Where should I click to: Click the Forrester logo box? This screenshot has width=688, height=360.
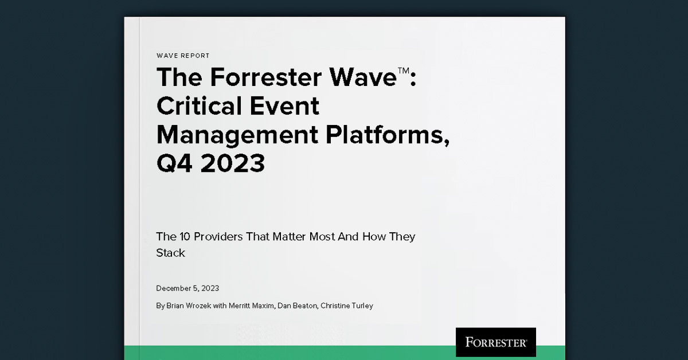coord(495,342)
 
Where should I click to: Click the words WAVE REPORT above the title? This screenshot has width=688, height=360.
coord(183,56)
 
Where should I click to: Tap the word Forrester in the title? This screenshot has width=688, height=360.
coord(260,78)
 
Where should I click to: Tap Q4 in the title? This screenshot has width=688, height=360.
coord(175,163)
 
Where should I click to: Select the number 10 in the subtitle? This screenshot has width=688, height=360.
coord(183,237)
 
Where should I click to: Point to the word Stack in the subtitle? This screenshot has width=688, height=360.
coord(171,253)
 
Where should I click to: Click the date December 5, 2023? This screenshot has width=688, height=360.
coord(187,288)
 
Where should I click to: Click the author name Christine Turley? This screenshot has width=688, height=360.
coord(348,306)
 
